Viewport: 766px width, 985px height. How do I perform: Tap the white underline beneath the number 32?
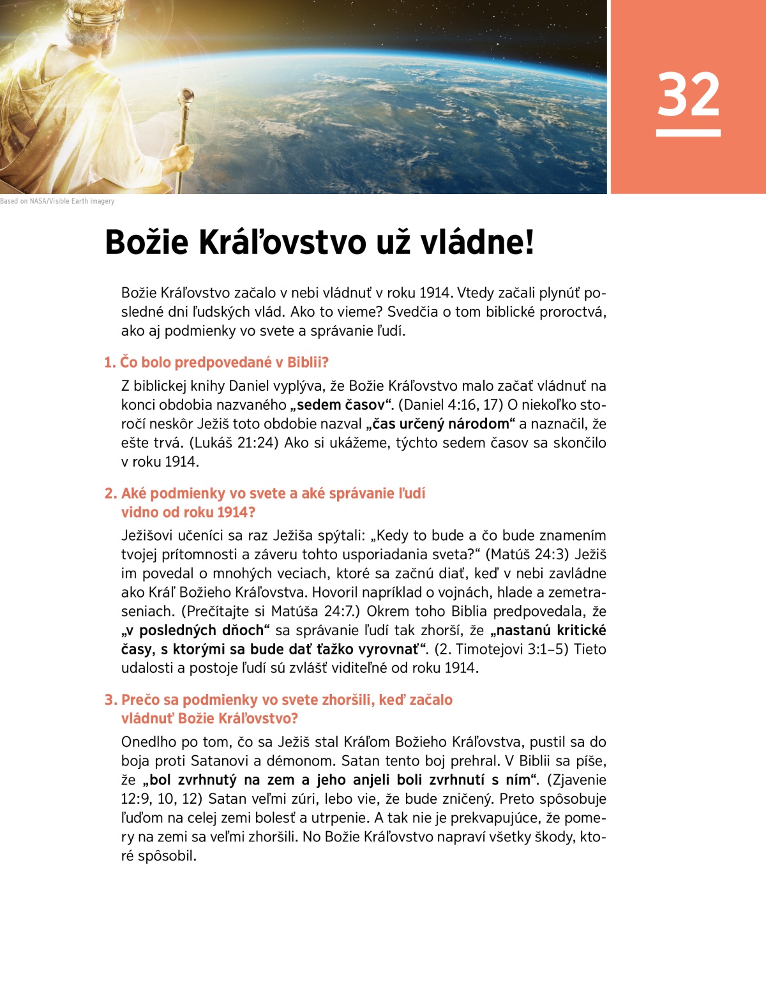(x=688, y=133)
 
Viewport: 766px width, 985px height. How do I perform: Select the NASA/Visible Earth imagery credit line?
(x=57, y=201)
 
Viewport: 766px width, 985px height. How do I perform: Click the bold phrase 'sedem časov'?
(x=342, y=405)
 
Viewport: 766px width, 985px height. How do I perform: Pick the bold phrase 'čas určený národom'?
(x=441, y=424)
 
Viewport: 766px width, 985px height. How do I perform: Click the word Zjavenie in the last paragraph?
(x=576, y=779)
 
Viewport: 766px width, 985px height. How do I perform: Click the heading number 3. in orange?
(x=111, y=700)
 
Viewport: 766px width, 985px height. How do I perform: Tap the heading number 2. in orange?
(x=111, y=493)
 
